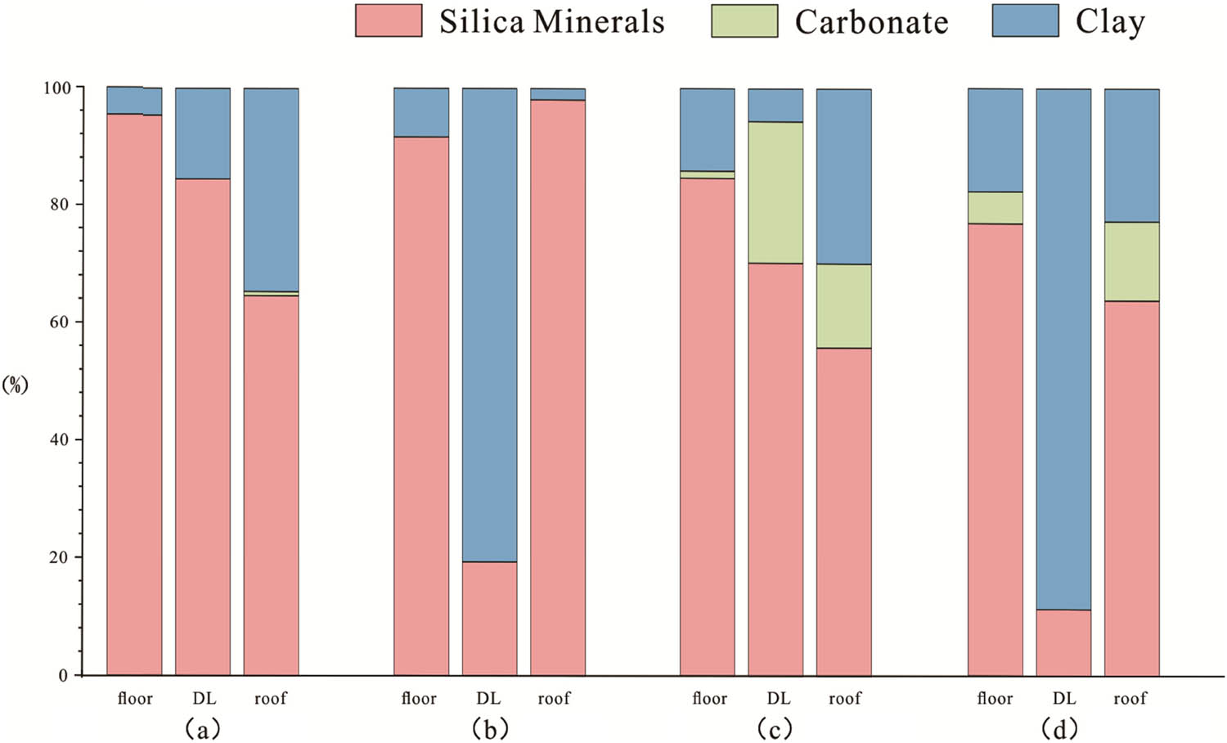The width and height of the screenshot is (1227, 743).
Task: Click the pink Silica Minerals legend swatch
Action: click(389, 20)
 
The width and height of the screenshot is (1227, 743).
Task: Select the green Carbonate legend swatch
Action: click(744, 21)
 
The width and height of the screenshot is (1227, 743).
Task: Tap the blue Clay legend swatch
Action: click(1025, 20)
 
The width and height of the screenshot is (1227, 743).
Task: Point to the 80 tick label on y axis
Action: click(59, 205)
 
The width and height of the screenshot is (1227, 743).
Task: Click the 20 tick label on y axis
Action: click(59, 557)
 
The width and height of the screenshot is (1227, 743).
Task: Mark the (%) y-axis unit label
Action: click(15, 385)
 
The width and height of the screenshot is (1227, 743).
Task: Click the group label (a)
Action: click(203, 727)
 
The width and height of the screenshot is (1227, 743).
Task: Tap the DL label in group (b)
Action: click(488, 698)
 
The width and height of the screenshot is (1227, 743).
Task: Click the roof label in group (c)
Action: click(844, 698)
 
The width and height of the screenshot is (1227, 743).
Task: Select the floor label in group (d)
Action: click(995, 698)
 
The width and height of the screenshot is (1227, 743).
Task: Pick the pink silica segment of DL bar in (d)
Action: click(1063, 642)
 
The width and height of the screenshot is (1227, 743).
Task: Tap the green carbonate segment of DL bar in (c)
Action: click(775, 192)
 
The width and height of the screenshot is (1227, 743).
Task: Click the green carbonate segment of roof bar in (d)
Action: click(1131, 261)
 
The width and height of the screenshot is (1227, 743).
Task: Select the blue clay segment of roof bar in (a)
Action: click(271, 189)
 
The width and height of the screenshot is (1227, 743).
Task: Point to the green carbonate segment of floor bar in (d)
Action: click(995, 208)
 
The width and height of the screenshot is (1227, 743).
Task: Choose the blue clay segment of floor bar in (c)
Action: click(708, 129)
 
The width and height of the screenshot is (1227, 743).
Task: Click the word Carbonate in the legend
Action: click(871, 22)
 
